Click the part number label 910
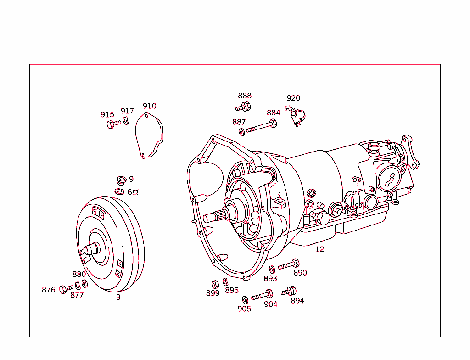(149, 106)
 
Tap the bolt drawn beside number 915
(113, 124)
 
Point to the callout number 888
(245, 96)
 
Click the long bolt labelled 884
(262, 127)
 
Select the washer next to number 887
(241, 132)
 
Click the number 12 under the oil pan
(319, 249)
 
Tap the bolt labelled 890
(289, 264)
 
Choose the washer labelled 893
(271, 269)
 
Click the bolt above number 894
(289, 291)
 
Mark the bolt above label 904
(263, 295)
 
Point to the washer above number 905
(245, 299)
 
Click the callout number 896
(232, 290)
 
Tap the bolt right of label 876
(66, 288)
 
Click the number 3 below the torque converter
(118, 297)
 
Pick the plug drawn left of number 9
(121, 179)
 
